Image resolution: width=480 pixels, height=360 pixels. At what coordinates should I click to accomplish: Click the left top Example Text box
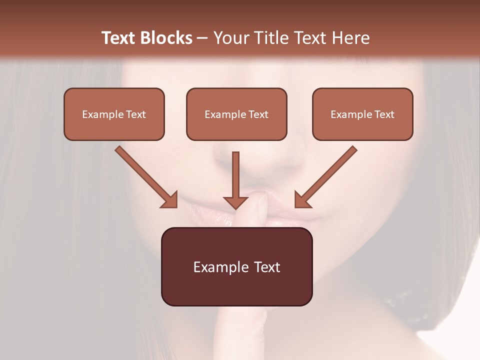[114, 114]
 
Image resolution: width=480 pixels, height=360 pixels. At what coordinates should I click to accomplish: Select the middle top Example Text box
[236, 114]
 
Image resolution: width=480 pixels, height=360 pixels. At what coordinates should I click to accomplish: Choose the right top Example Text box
[362, 114]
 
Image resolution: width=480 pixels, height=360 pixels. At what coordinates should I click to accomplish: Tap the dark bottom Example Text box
[236, 266]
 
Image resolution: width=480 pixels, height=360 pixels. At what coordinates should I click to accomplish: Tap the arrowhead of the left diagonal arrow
[170, 199]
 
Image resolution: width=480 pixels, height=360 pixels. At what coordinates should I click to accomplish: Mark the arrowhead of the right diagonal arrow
[302, 199]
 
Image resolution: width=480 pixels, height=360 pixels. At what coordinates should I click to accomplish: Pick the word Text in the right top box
[384, 114]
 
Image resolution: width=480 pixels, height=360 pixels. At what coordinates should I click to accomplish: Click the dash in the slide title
[202, 38]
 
